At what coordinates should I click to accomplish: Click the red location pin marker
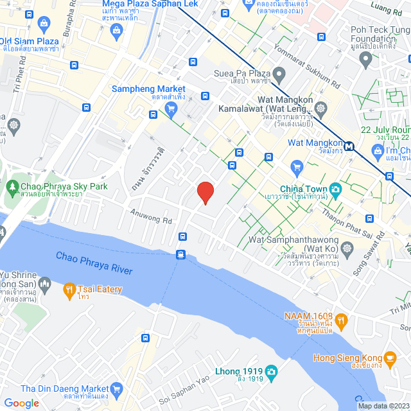(x=205, y=193)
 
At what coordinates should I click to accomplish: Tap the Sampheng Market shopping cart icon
(x=170, y=109)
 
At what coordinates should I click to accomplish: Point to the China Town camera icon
(x=335, y=189)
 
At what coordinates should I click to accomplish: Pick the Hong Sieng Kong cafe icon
(x=390, y=358)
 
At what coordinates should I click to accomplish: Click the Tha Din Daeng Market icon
(x=116, y=389)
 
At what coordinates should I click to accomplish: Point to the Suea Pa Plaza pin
(x=279, y=73)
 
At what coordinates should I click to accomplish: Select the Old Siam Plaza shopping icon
(x=44, y=25)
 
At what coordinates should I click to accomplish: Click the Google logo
(x=21, y=403)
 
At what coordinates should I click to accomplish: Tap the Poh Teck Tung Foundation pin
(x=366, y=60)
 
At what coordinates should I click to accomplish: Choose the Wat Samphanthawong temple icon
(x=347, y=248)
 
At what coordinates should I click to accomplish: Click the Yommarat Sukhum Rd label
(x=303, y=64)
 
